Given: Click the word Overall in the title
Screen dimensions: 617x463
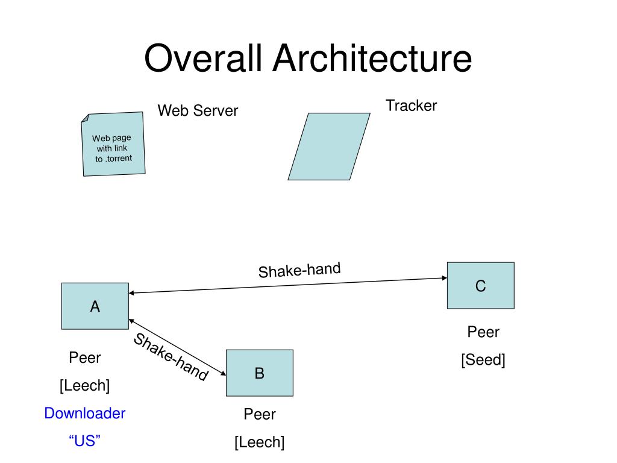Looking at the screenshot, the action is point(203,58).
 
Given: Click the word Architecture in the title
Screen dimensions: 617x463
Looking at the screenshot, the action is point(372,58).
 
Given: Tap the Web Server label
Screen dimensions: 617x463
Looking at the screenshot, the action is point(198,111).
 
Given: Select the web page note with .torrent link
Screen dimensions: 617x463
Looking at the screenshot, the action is point(113,143).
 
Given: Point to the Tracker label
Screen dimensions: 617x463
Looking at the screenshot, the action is point(411,106).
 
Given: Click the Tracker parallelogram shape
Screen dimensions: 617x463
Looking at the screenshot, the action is point(329,146).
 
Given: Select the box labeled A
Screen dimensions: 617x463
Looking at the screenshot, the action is point(95,306).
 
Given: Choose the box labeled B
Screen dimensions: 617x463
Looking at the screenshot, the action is point(260,373).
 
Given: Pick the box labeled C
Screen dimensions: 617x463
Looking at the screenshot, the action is point(481,285).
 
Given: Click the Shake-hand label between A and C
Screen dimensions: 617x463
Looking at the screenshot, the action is point(299,270).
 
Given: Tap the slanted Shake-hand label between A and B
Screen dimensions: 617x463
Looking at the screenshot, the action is point(171,357).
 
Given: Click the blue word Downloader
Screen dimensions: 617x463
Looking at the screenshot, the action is point(84,414).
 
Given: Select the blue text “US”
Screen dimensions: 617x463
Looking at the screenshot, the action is point(84,441).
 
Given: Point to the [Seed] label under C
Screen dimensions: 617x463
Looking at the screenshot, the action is point(483,360).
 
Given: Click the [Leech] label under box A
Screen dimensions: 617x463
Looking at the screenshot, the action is point(84,385).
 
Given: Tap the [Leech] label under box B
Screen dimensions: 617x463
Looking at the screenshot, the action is point(260,442).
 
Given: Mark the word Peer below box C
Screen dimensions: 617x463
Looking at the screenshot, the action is point(483,332).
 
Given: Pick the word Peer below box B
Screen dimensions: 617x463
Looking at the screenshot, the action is point(260,414).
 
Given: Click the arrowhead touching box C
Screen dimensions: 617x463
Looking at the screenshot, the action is point(445,278).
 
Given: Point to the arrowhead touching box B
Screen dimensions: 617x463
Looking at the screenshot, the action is point(224,373).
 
